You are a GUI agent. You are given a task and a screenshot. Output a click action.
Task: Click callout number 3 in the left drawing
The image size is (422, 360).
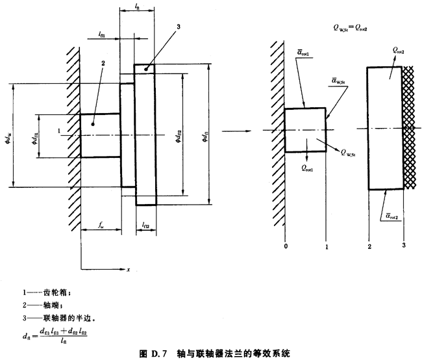177,27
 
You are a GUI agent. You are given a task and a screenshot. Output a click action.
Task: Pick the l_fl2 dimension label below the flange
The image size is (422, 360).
145,226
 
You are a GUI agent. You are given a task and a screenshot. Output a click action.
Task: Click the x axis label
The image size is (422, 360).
129,269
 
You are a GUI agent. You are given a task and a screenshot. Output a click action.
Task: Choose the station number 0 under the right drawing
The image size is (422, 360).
285,248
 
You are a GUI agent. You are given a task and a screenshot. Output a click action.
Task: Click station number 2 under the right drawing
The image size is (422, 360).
368,248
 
